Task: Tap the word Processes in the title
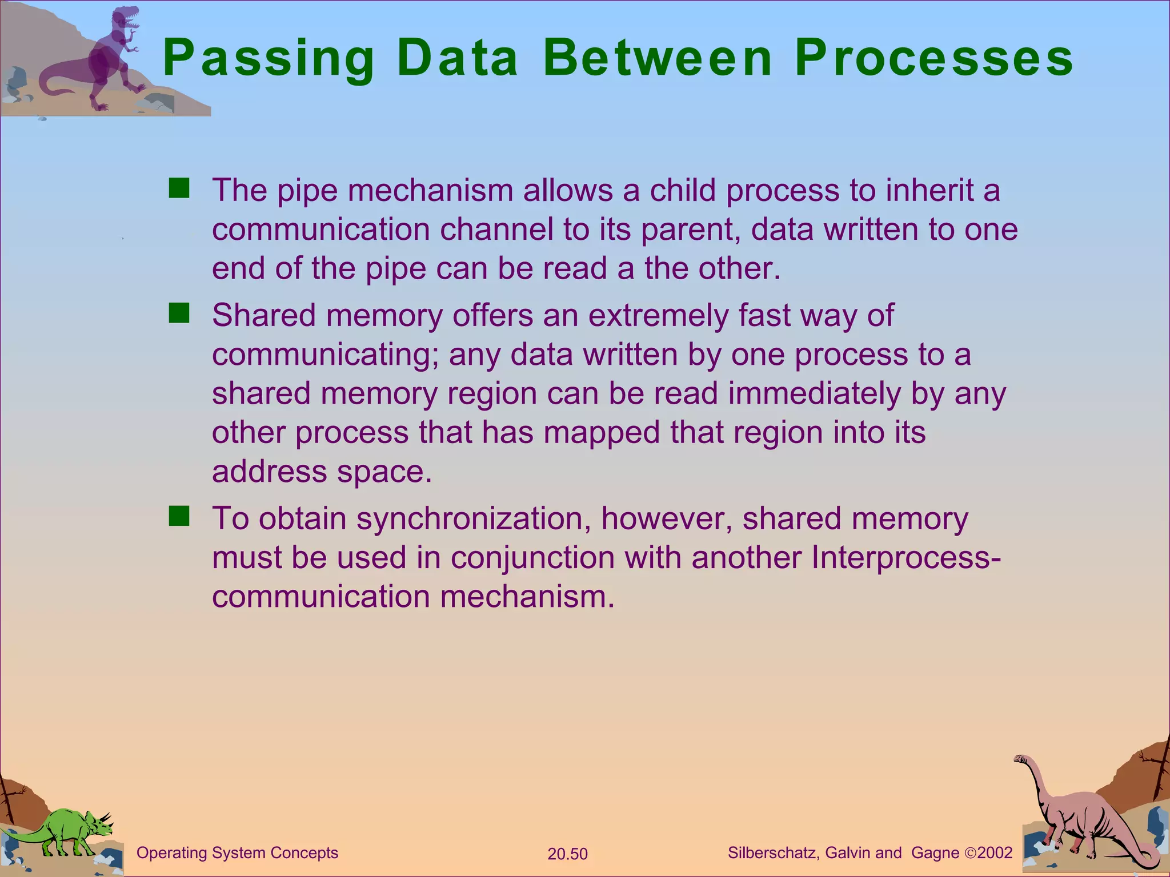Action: pos(934,58)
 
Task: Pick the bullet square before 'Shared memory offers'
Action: pos(179,313)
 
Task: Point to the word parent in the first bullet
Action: pos(690,230)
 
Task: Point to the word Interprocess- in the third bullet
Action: pos(906,558)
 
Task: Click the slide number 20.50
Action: pos(567,854)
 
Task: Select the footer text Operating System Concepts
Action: pos(237,853)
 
